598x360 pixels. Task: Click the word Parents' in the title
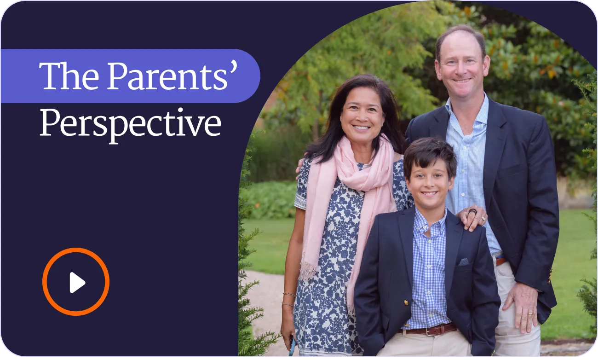172,75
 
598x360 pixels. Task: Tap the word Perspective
130,124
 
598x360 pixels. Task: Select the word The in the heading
69,76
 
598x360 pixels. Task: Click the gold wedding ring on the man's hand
530,314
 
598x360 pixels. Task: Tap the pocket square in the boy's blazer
464,261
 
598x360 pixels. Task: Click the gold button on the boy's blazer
406,302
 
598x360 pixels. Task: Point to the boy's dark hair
429,157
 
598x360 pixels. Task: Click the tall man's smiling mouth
462,80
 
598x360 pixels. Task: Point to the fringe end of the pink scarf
308,270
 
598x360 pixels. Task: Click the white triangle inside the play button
77,283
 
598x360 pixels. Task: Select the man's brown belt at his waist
500,261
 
